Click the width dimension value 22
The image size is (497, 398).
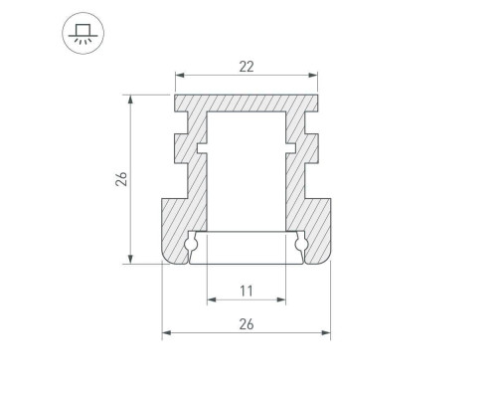point(246,66)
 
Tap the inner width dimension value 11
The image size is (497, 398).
point(246,291)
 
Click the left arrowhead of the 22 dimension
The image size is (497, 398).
point(179,75)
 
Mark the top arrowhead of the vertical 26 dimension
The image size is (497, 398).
point(130,99)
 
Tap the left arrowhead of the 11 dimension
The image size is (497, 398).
point(211,299)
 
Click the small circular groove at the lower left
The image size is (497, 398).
point(192,244)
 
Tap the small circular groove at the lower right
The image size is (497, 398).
point(300,244)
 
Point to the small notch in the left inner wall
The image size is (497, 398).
point(203,150)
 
